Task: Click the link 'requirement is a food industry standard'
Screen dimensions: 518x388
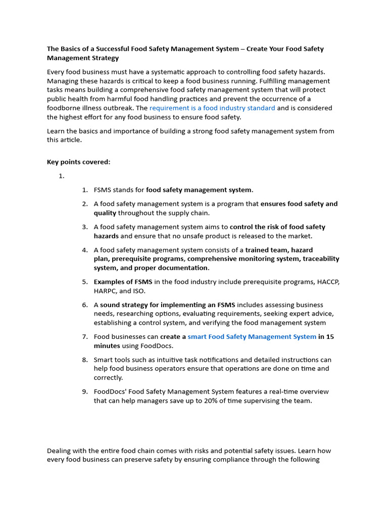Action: [x=212, y=108]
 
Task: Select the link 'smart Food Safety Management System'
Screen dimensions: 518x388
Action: [x=252, y=337]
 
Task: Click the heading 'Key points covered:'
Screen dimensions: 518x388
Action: [x=78, y=162]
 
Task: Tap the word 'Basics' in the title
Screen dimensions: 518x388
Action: [x=72, y=49]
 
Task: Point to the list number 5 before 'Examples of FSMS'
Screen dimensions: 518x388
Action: [x=85, y=282]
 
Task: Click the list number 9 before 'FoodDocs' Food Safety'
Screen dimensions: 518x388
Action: [x=85, y=392]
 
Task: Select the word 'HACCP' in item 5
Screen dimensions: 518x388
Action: [x=328, y=282]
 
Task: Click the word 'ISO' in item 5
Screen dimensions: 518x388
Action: [x=138, y=291]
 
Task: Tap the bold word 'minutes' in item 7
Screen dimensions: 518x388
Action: [x=107, y=346]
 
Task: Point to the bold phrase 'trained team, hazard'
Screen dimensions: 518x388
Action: [x=279, y=250]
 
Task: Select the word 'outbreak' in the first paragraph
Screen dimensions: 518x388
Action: [x=119, y=108]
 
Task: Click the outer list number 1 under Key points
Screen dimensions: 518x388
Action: [x=62, y=176]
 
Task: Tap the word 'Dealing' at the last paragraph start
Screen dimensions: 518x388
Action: [x=60, y=451]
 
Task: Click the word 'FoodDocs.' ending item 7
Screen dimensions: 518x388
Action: [x=156, y=346]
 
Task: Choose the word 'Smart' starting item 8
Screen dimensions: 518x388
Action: [x=104, y=360]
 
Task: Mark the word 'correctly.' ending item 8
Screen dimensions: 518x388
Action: [x=109, y=378]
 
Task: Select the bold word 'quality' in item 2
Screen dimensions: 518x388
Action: [x=105, y=213]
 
